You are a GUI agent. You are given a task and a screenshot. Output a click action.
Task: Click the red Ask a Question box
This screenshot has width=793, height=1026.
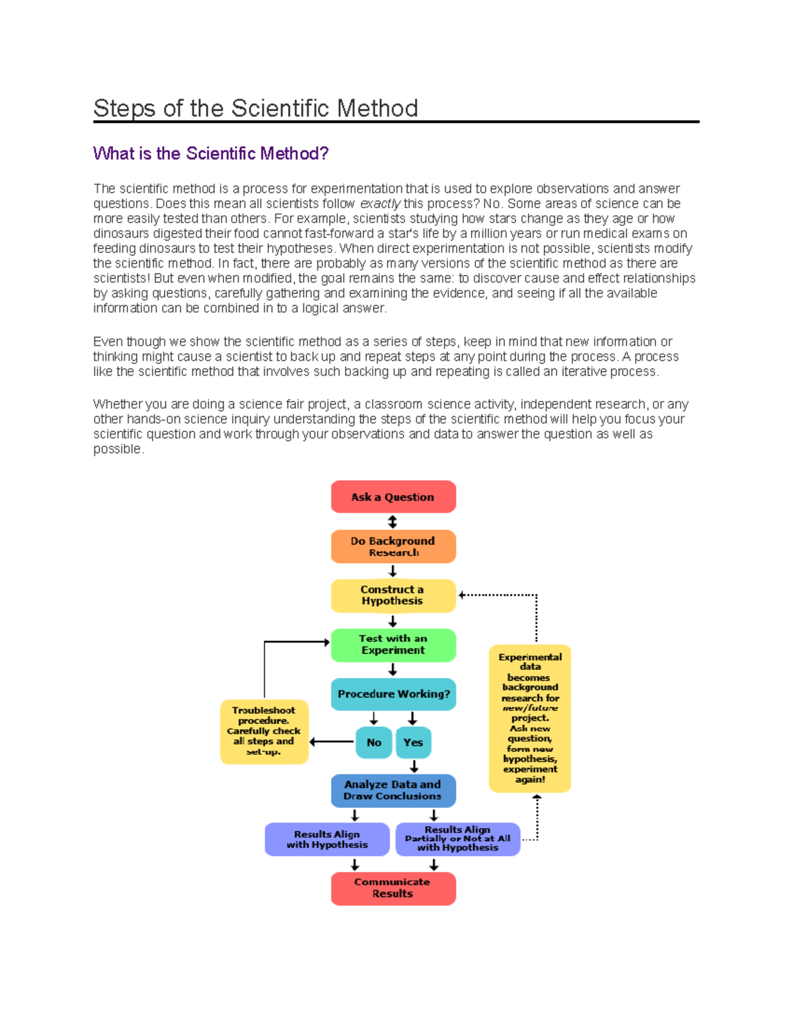(x=393, y=497)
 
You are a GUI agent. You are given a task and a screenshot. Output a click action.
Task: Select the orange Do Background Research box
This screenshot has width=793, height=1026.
(x=393, y=546)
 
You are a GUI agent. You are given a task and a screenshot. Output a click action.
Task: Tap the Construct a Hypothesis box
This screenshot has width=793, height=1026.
(x=393, y=595)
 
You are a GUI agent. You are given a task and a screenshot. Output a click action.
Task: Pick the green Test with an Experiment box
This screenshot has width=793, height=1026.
(x=393, y=645)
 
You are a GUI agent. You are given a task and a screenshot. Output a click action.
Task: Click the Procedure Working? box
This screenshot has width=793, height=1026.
(x=393, y=694)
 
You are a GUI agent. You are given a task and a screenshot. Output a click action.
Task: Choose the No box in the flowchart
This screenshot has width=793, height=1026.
(x=373, y=743)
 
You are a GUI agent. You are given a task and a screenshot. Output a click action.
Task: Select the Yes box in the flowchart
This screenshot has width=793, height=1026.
(x=413, y=743)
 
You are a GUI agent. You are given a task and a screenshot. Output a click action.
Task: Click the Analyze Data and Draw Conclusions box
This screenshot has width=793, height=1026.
(x=393, y=790)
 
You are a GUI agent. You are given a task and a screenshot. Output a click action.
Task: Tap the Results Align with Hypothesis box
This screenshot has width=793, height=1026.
(x=327, y=839)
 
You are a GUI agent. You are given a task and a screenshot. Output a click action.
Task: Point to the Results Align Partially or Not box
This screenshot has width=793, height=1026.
(x=457, y=839)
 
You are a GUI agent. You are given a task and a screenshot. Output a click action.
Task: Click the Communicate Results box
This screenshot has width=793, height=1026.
(x=393, y=888)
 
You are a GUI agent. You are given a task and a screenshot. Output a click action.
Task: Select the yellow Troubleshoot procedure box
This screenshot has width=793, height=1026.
(x=264, y=731)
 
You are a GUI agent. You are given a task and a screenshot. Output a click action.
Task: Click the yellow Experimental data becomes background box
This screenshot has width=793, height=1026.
(x=530, y=718)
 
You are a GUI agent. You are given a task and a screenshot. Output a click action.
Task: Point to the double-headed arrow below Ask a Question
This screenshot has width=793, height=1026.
(x=393, y=522)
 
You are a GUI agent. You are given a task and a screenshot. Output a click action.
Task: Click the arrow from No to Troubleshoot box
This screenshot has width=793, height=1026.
(x=332, y=742)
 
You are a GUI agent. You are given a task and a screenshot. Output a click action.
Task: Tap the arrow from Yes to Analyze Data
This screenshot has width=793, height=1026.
(x=414, y=766)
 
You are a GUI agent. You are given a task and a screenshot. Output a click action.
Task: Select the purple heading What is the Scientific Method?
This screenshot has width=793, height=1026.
(x=211, y=154)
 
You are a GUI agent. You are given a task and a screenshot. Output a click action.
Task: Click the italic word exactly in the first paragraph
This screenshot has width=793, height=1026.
(x=380, y=203)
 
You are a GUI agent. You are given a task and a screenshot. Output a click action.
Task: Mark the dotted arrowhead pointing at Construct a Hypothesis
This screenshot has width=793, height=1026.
(x=463, y=595)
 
